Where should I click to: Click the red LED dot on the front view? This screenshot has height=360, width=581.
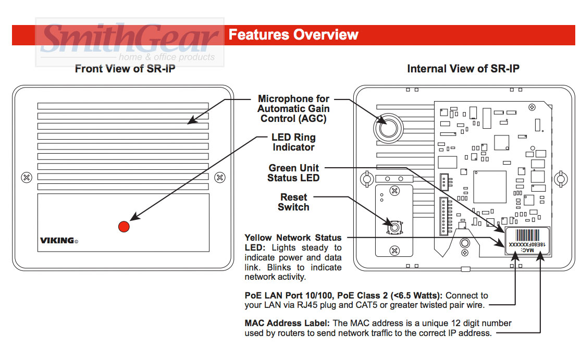click(x=123, y=227)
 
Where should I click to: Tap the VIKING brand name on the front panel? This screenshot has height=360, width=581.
click(x=57, y=241)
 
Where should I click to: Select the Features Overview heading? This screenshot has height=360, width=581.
click(x=293, y=35)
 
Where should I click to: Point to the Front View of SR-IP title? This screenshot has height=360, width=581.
click(x=125, y=69)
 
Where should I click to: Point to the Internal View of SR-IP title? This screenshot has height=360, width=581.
click(x=463, y=69)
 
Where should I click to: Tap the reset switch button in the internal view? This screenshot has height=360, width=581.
click(x=395, y=228)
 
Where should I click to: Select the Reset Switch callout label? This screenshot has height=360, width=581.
click(x=293, y=202)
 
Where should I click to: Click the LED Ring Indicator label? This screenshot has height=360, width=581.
click(x=293, y=143)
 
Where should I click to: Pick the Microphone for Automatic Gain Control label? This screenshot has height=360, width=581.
click(x=293, y=108)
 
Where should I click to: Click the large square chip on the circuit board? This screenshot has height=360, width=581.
click(x=489, y=186)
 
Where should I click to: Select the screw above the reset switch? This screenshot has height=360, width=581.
click(x=395, y=191)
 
